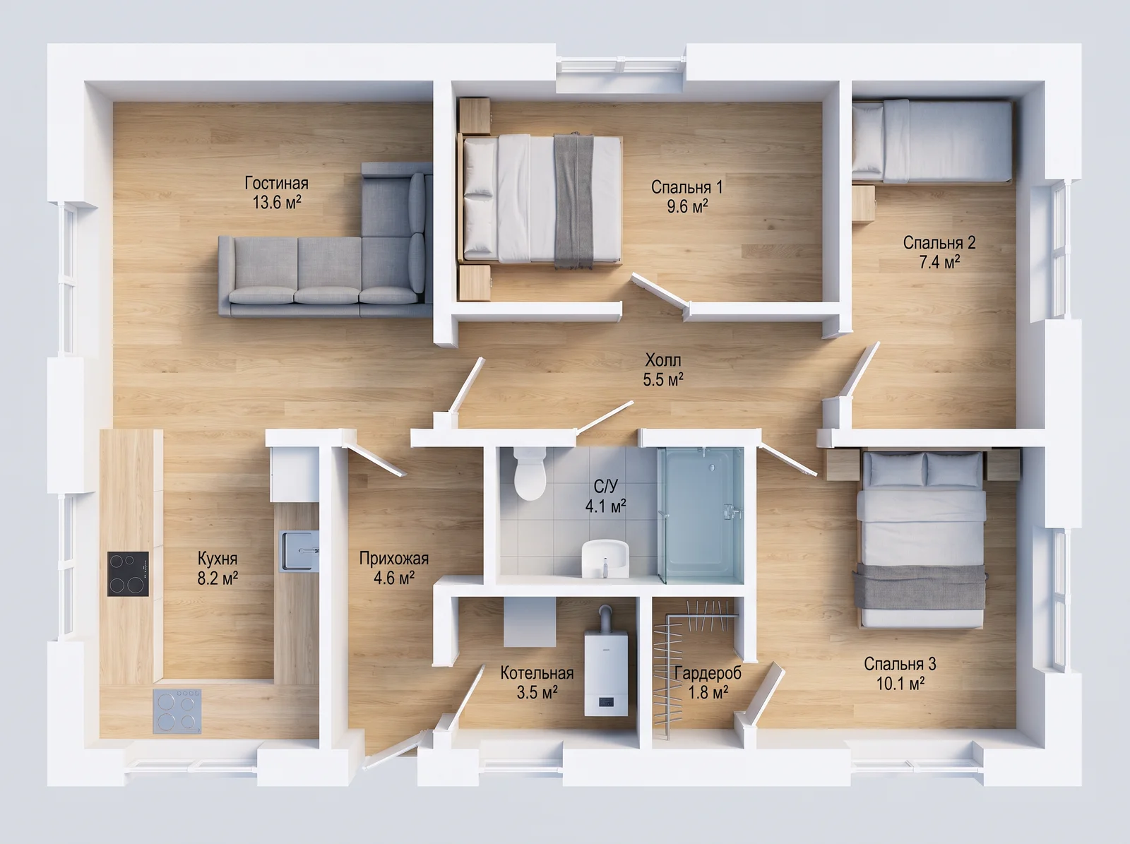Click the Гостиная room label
tap(276, 183)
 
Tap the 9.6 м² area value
tap(687, 206)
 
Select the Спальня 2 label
tap(939, 242)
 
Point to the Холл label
tap(663, 359)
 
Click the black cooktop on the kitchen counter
tap(128, 573)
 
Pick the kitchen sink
tap(299, 551)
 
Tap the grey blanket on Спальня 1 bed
tap(573, 201)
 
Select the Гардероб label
tap(708, 672)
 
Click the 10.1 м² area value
tap(900, 684)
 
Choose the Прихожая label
tap(394, 559)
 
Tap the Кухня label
tap(218, 559)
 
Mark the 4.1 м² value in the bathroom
tap(605, 506)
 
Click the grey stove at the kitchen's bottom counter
tap(177, 712)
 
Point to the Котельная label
tap(537, 672)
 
